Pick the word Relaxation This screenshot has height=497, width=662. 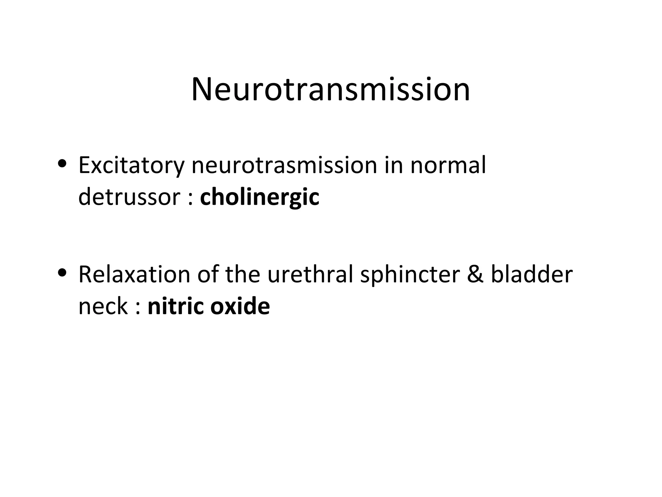[134, 274]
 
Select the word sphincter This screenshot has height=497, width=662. [410, 274]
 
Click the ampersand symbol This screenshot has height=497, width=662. [475, 274]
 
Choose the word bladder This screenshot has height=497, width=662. [532, 274]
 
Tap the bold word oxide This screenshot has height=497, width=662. [240, 306]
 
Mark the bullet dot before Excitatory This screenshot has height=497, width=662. [62, 163]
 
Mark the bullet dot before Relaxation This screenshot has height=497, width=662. [62, 272]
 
